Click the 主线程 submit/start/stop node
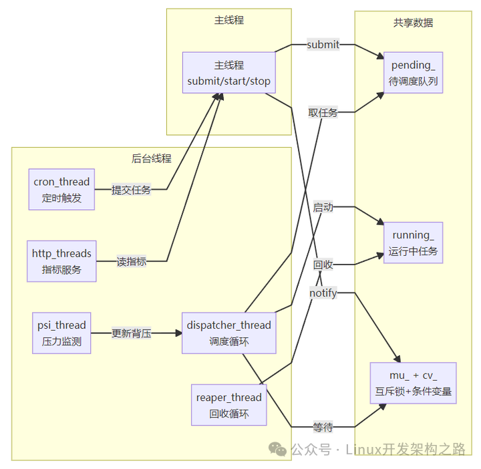coord(228,73)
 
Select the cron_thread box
coord(61,189)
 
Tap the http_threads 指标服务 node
coord(61,261)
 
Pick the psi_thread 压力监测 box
coord(61,333)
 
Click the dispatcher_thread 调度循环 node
coord(228,333)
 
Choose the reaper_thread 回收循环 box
coord(228,405)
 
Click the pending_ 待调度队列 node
coord(413,73)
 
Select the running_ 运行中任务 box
coord(413,243)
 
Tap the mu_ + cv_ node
coord(413,383)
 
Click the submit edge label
coord(323,45)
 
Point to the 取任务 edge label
coord(323,112)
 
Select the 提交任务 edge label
coord(131,190)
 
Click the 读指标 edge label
coord(131,262)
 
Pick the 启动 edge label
coord(323,208)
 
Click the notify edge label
coord(323,293)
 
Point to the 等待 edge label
coord(323,427)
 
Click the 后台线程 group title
coord(151,158)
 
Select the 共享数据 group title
coord(413,23)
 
